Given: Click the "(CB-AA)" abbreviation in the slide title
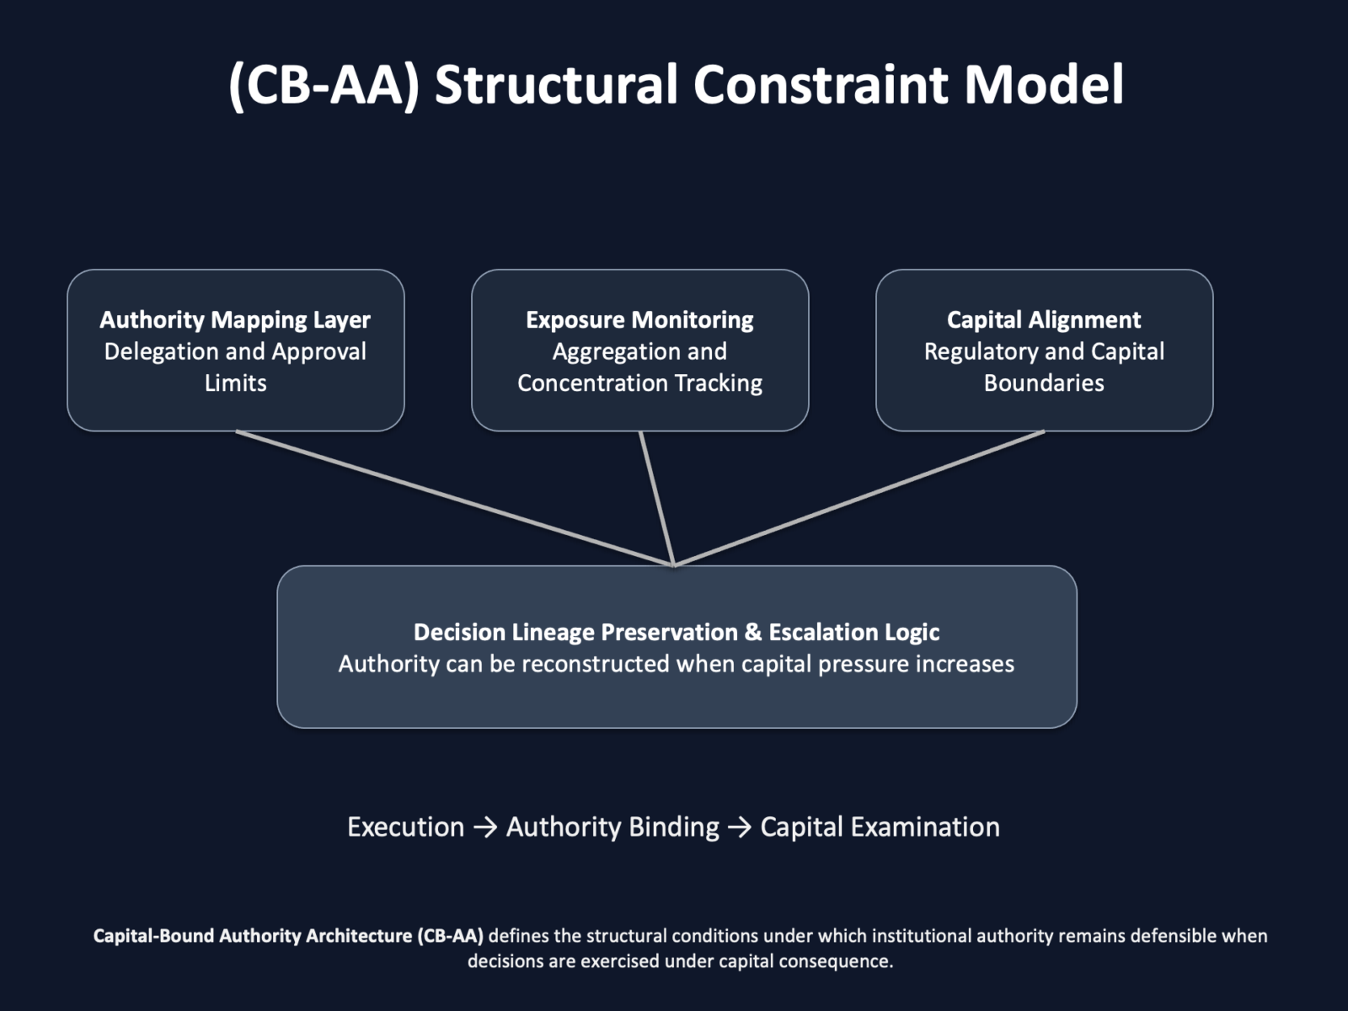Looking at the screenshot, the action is coord(324,85).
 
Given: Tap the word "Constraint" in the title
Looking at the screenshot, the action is coord(821,85).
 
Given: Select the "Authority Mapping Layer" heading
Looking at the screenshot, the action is coord(235,320).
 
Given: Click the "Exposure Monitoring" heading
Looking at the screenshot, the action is coord(639,320).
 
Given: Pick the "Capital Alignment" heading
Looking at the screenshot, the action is coord(1044,320).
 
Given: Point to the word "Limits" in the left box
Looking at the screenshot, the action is coord(236,383).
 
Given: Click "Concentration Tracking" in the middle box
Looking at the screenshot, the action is coord(639,383).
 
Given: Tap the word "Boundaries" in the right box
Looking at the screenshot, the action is coord(1044,383).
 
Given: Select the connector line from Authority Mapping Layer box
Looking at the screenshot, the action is coord(454,498).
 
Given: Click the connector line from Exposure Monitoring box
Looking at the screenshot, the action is coord(656,498).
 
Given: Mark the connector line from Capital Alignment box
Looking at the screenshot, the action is coord(859,498).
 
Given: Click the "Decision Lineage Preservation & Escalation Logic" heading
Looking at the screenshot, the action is coord(677,632).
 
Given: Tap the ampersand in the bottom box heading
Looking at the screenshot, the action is coord(753,632).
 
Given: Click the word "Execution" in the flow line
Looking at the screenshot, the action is coord(406,826).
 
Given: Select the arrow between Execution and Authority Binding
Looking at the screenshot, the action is coord(485,827).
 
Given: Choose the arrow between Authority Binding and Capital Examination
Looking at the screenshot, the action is coord(740,827).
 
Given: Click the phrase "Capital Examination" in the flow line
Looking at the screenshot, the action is coord(880,826).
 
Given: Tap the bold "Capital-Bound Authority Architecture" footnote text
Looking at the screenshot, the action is coord(254,935).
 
